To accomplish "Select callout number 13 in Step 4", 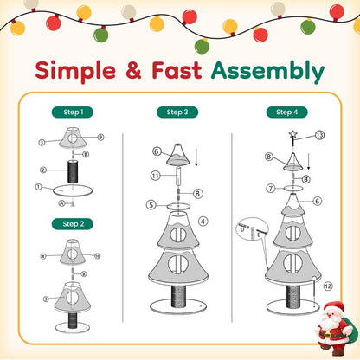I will tap(319, 135).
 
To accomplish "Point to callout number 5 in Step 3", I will tap(151, 205).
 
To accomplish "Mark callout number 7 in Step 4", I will tap(271, 187).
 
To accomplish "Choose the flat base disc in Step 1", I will tap(73, 190).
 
